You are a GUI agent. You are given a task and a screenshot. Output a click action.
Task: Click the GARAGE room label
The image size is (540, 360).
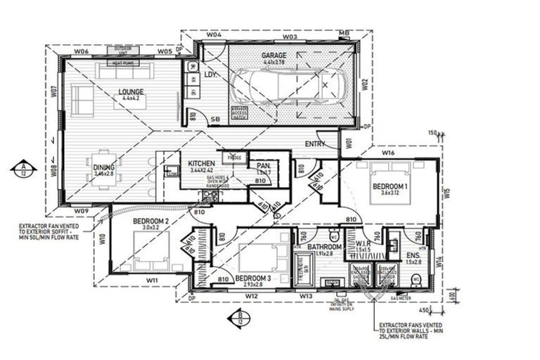[x=274, y=54]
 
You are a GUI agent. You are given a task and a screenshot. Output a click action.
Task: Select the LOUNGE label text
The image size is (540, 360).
[x=131, y=91]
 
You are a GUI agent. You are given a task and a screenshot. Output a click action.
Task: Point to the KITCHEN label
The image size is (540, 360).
[x=201, y=164]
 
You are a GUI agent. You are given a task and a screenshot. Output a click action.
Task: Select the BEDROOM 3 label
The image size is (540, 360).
[x=253, y=278]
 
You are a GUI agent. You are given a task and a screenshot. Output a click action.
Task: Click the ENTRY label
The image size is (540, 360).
[x=314, y=144]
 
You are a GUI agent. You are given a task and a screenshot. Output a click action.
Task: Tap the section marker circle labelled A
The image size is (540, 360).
[x=23, y=168]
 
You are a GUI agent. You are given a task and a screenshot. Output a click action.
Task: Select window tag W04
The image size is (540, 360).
[x=214, y=34]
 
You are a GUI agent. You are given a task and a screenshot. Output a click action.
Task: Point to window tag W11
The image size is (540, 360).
[x=151, y=281]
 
